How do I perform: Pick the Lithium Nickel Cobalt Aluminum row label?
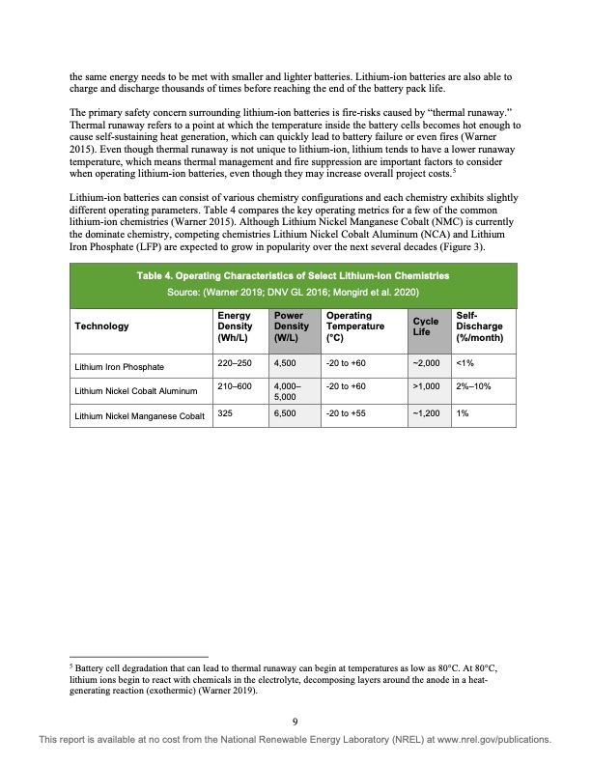135,390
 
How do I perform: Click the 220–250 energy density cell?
234,364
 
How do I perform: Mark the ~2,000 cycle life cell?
426,364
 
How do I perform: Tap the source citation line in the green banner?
295,292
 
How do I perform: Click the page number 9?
295,719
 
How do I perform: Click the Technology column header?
101,326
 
